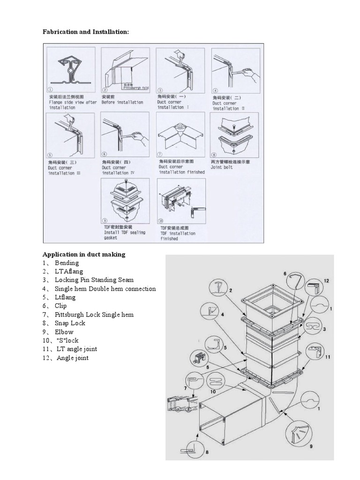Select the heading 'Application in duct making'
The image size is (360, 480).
coord(84,254)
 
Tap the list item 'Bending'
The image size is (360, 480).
coord(67,263)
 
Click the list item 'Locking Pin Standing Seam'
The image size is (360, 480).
coord(94,280)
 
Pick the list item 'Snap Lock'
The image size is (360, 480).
coord(70,323)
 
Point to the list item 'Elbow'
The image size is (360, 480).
coord(64,332)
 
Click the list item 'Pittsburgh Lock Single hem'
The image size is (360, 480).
coord(94,315)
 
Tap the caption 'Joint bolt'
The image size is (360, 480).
coord(222,167)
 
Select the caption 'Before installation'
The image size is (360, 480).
coord(122,102)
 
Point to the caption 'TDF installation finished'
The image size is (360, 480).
coord(178,236)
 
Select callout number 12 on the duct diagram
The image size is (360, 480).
coord(326,281)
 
